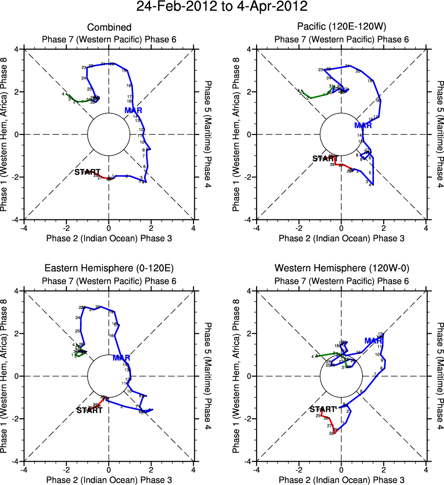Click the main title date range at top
click(222, 7)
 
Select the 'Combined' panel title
click(109, 27)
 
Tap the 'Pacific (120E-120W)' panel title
click(341, 27)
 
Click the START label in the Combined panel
click(87, 172)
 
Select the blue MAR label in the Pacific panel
click(363, 125)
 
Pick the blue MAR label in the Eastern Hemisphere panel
click(121, 357)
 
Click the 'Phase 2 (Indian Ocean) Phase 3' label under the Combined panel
click(109, 238)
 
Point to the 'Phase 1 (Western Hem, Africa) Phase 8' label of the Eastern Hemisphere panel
click(5, 376)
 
